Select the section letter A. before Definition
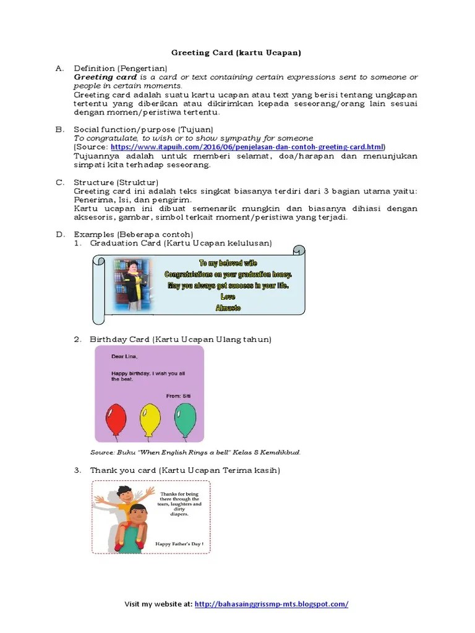point(59,68)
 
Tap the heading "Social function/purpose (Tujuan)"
point(143,129)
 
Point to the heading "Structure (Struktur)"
point(116,182)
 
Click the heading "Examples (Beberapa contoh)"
point(134,234)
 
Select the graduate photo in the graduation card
point(133,284)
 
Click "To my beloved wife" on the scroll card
point(228,263)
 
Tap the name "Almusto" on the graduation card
point(228,308)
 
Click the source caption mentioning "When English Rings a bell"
point(195,452)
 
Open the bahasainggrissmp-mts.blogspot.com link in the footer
point(272,604)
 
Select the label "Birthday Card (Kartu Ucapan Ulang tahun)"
point(181,339)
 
